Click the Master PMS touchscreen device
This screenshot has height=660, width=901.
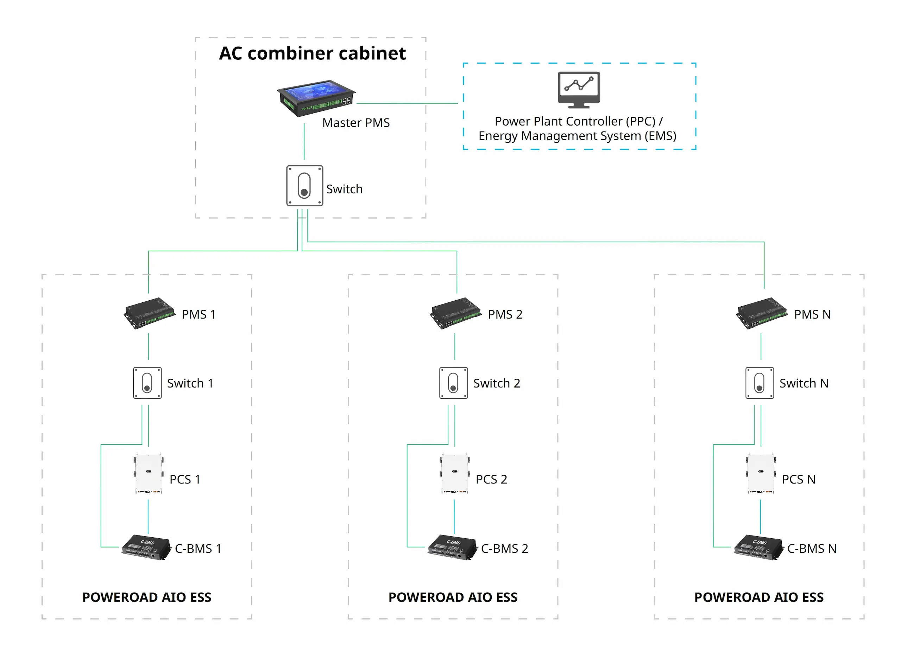316,97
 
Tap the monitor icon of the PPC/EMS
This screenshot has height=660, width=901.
579,89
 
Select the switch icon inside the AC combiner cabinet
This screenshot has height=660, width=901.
304,186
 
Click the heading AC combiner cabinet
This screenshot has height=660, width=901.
312,53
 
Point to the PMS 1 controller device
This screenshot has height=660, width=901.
149,313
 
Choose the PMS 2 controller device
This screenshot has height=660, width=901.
455,313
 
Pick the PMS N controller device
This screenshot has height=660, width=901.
762,313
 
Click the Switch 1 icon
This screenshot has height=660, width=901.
147,383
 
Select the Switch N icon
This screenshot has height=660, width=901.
759,383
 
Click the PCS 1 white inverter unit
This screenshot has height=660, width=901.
149,473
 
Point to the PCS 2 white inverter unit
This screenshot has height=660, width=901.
455,473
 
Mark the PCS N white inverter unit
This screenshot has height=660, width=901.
761,473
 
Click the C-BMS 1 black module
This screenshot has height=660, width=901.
146,547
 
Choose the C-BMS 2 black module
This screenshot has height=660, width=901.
452,547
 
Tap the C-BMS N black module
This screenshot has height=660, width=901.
758,547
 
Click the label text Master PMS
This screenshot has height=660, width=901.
356,123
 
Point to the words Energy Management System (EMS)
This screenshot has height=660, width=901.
577,136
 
